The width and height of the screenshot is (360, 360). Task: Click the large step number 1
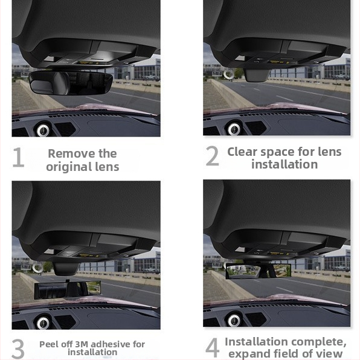tap(18, 158)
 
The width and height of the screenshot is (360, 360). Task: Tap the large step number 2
tap(212, 156)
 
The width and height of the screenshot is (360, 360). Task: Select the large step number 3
tap(18, 349)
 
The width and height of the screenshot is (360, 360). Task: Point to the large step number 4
tap(212, 348)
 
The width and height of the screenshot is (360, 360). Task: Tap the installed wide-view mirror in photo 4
tap(258, 271)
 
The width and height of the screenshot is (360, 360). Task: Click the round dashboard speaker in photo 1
tap(43, 129)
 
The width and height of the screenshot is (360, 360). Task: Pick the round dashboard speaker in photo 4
tap(234, 319)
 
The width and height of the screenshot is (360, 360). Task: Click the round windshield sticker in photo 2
tap(229, 75)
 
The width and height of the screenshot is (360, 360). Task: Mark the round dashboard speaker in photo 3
tap(43, 322)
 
